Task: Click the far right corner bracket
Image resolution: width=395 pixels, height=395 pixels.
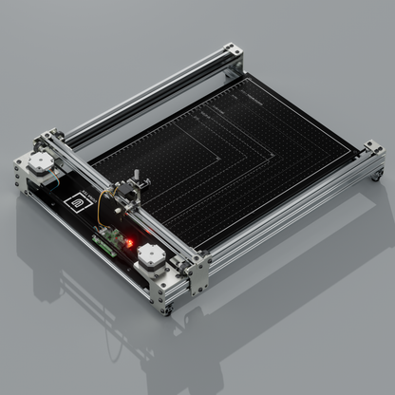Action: pos(372,157)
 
